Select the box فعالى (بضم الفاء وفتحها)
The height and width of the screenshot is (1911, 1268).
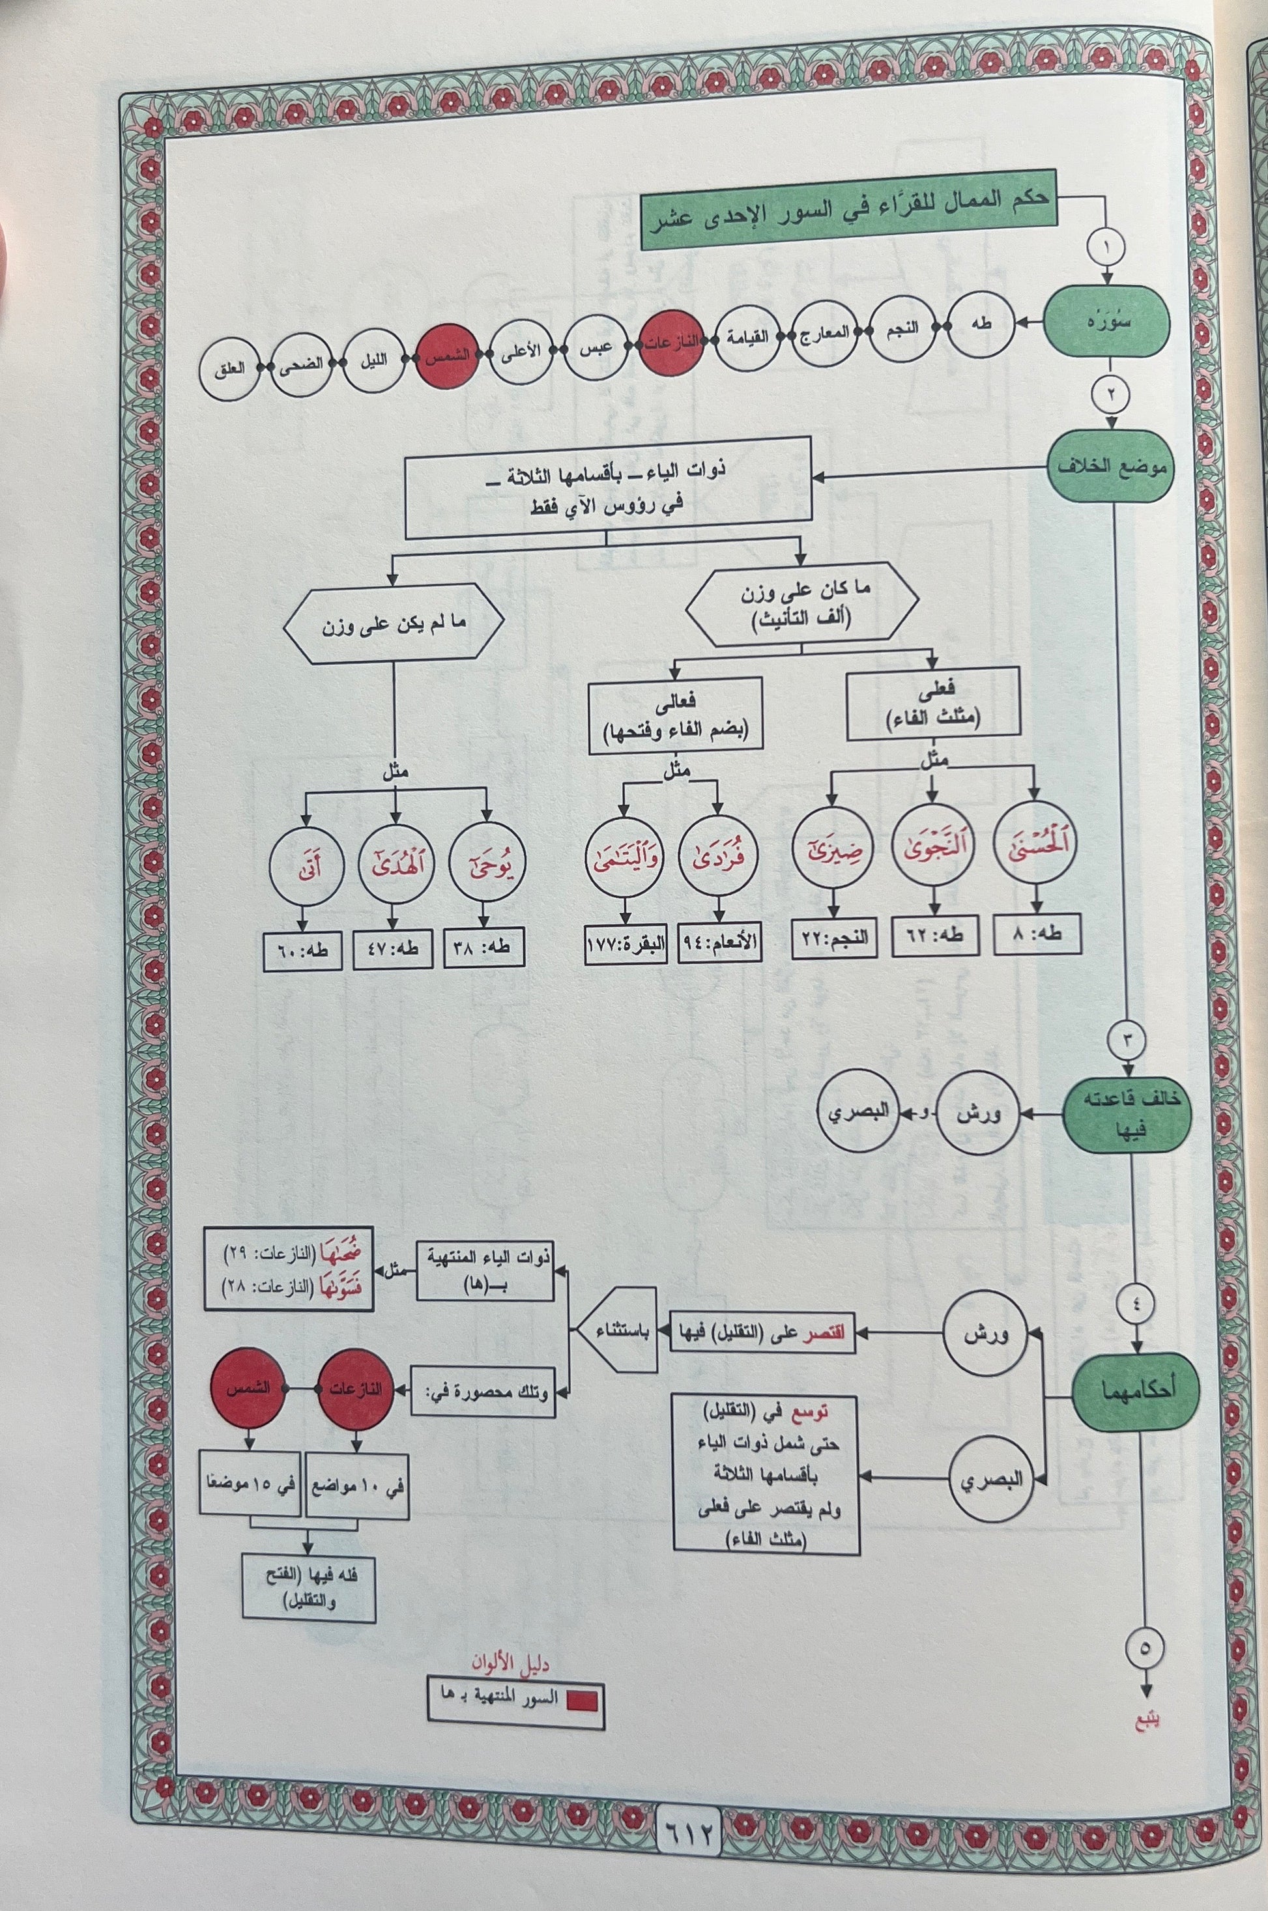(x=675, y=715)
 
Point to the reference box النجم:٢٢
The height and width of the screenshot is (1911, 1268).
(x=835, y=938)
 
